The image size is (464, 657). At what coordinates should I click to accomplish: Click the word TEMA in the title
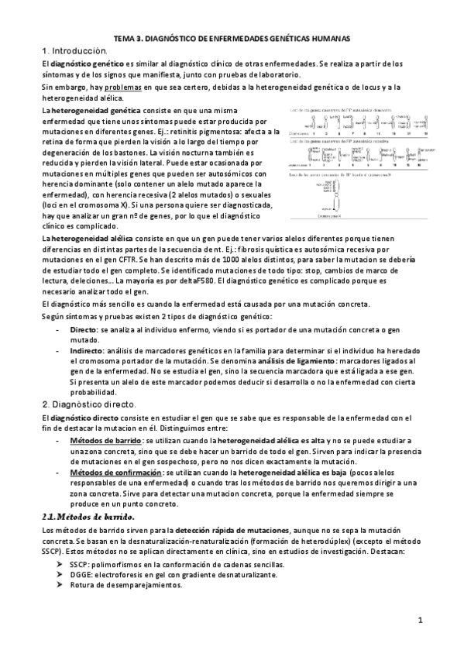coord(125,37)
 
